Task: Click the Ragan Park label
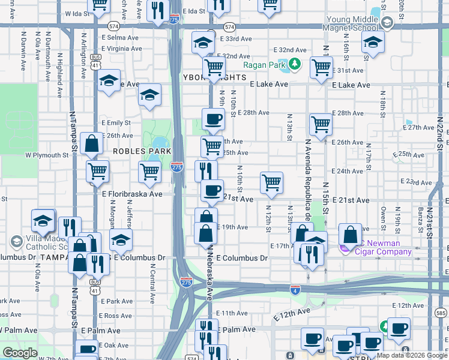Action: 264,65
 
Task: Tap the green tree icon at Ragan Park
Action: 294,64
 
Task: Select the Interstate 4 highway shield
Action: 294,289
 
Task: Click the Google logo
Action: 20,353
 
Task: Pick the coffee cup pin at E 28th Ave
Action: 212,118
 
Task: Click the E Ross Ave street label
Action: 116,316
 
